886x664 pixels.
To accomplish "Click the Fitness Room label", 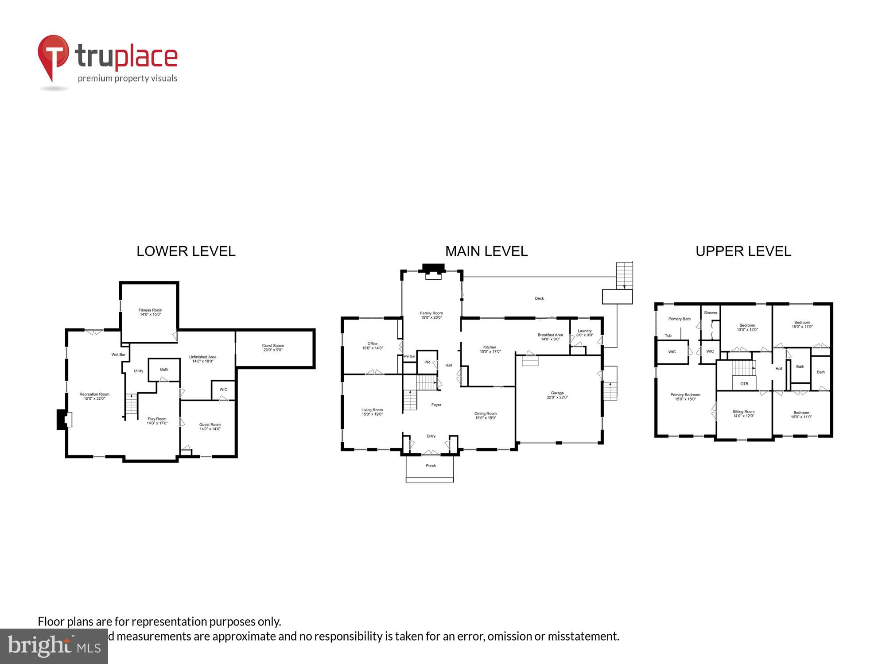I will click(150, 310).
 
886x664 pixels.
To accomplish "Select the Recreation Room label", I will click(94, 394).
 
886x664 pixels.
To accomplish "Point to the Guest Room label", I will click(210, 425).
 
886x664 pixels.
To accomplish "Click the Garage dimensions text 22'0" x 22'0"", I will click(557, 398).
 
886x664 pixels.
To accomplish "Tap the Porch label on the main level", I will click(431, 466).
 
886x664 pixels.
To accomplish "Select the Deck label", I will click(539, 298).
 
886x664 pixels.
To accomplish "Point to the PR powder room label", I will click(427, 362).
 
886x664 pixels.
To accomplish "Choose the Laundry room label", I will click(584, 331).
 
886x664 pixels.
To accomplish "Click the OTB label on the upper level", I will click(744, 384).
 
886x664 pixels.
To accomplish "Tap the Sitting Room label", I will click(743, 412).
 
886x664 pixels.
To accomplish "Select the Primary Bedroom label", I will click(685, 395).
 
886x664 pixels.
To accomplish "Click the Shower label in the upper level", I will click(710, 313).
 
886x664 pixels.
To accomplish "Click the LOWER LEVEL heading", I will click(186, 251).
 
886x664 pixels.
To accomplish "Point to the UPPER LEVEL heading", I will click(743, 251).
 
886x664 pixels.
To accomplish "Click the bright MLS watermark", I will click(54, 647).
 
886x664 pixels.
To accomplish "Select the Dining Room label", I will click(486, 413).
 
